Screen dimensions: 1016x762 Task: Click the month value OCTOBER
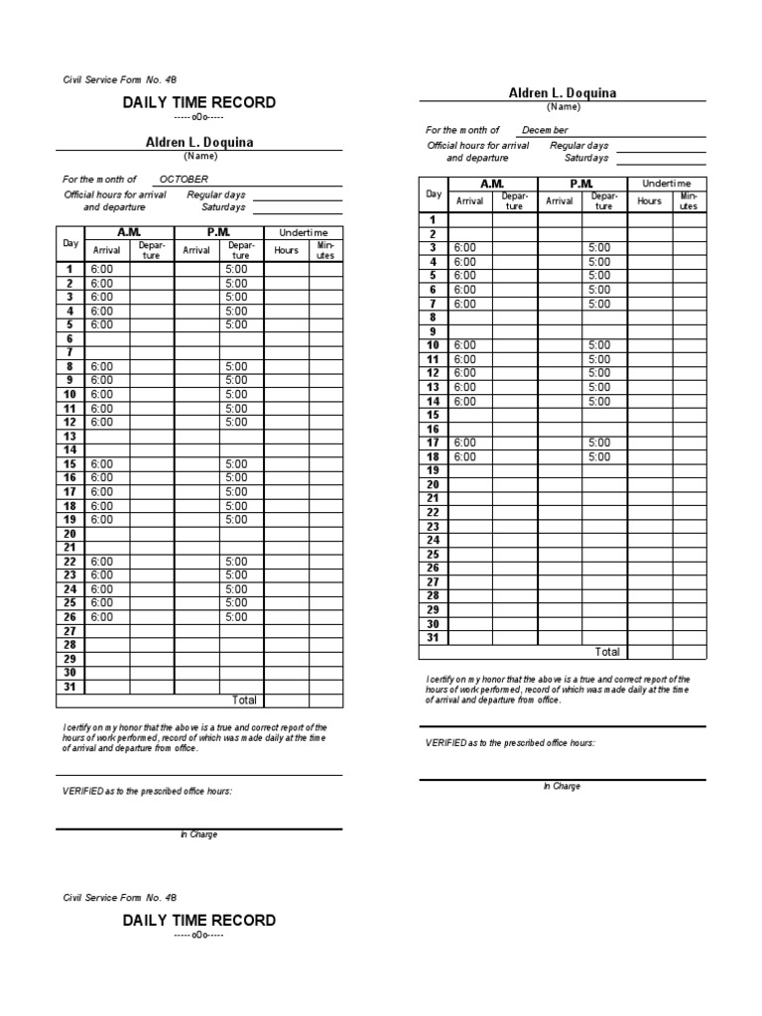pyautogui.click(x=184, y=179)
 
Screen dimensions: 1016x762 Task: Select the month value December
pyautogui.click(x=546, y=130)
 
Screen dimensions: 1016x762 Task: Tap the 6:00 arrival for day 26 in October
pyautogui.click(x=101, y=617)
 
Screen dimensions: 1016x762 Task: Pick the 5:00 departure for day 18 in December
pyautogui.click(x=599, y=457)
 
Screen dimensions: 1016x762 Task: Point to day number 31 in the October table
pyautogui.click(x=70, y=687)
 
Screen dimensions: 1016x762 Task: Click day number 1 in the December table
pyautogui.click(x=433, y=219)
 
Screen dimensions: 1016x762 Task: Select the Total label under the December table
pyautogui.click(x=606, y=652)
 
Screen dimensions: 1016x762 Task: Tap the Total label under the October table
pyautogui.click(x=244, y=700)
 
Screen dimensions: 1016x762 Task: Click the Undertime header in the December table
pyautogui.click(x=667, y=184)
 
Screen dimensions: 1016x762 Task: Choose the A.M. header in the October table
pyautogui.click(x=129, y=232)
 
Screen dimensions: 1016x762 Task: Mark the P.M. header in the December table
pyautogui.click(x=581, y=184)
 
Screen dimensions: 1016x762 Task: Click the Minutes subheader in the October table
pyautogui.click(x=325, y=250)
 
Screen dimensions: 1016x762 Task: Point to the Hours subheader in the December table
pyautogui.click(x=649, y=200)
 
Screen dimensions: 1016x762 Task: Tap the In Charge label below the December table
pyautogui.click(x=562, y=786)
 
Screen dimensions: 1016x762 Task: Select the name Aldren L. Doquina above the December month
pyautogui.click(x=562, y=93)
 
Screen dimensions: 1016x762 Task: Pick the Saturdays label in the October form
pyautogui.click(x=222, y=207)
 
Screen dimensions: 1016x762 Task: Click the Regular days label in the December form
pyautogui.click(x=579, y=145)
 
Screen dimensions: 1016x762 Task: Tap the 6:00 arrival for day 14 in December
pyautogui.click(x=464, y=402)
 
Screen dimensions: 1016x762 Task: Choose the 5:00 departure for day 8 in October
pyautogui.click(x=236, y=367)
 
